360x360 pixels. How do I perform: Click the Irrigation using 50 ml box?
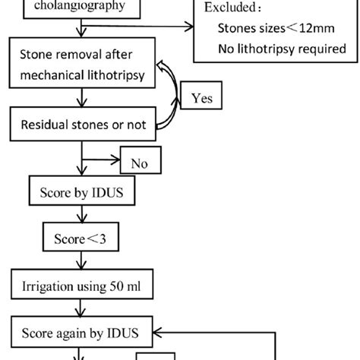tap(81, 287)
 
